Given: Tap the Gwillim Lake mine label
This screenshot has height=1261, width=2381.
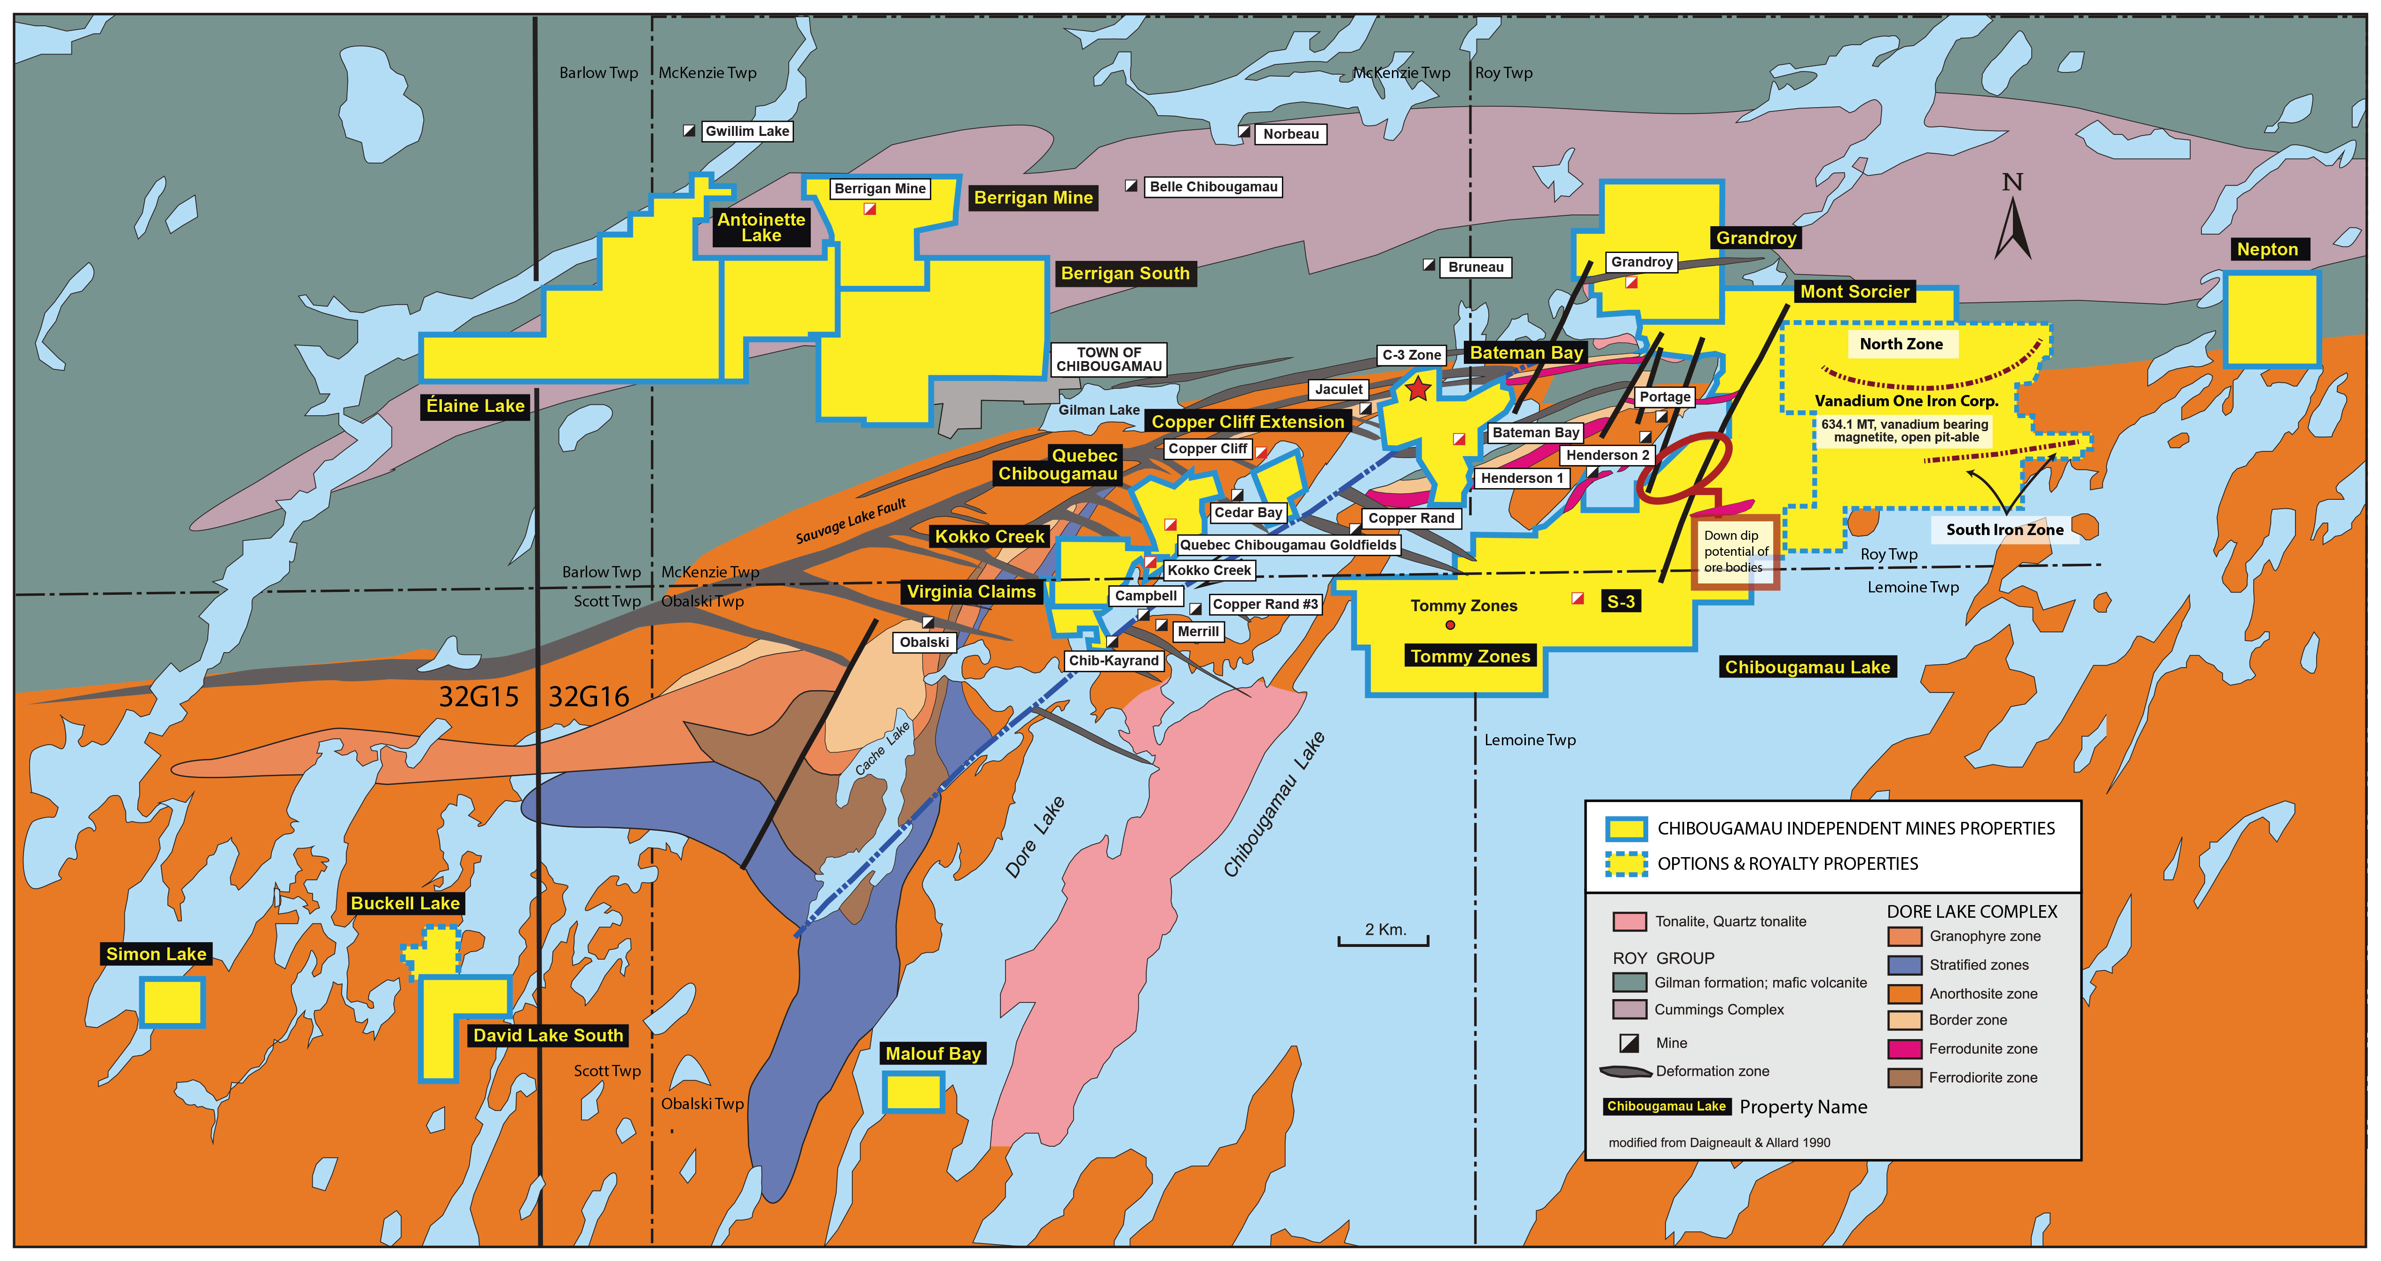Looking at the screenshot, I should (x=747, y=131).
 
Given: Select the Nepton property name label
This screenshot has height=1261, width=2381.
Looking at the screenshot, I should (x=2267, y=250).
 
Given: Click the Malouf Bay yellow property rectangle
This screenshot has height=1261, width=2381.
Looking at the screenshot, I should (x=913, y=1092).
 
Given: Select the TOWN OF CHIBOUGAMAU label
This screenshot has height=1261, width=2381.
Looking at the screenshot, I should (x=1108, y=360).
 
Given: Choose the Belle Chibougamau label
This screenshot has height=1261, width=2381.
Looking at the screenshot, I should (x=1213, y=187).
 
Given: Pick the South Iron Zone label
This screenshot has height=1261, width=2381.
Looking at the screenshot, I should (x=2004, y=530).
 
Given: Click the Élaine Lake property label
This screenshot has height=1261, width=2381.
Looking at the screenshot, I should (x=475, y=406).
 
